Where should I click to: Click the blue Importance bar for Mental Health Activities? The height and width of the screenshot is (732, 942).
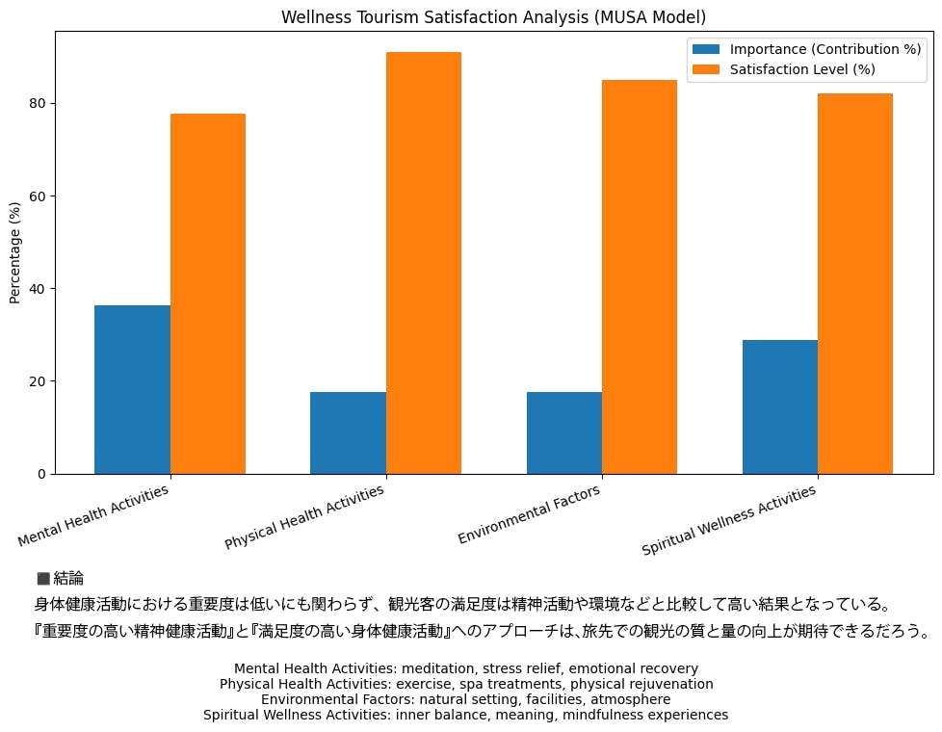tap(132, 389)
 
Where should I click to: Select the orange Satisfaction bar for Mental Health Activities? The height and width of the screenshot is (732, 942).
tap(208, 294)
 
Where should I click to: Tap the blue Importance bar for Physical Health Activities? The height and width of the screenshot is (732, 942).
tap(348, 432)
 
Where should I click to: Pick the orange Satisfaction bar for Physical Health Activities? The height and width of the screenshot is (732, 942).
tap(424, 263)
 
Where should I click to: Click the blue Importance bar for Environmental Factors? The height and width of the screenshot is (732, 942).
tap(564, 432)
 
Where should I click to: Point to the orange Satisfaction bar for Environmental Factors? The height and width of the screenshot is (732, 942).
tap(640, 276)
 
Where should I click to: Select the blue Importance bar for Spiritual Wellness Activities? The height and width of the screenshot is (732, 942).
tap(780, 406)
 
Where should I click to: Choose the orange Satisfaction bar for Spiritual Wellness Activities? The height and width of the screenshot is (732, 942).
tap(855, 283)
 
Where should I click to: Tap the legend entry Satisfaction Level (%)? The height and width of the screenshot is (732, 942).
tap(801, 69)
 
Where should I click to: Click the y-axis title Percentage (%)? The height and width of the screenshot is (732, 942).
tap(14, 252)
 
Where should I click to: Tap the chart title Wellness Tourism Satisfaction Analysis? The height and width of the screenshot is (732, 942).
tap(493, 17)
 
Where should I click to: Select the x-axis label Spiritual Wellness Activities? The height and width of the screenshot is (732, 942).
tap(729, 521)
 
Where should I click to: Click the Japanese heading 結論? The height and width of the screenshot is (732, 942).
tap(68, 578)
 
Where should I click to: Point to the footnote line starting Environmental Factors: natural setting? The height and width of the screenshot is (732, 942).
tap(465, 699)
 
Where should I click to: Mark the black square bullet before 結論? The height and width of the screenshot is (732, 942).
tap(43, 578)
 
